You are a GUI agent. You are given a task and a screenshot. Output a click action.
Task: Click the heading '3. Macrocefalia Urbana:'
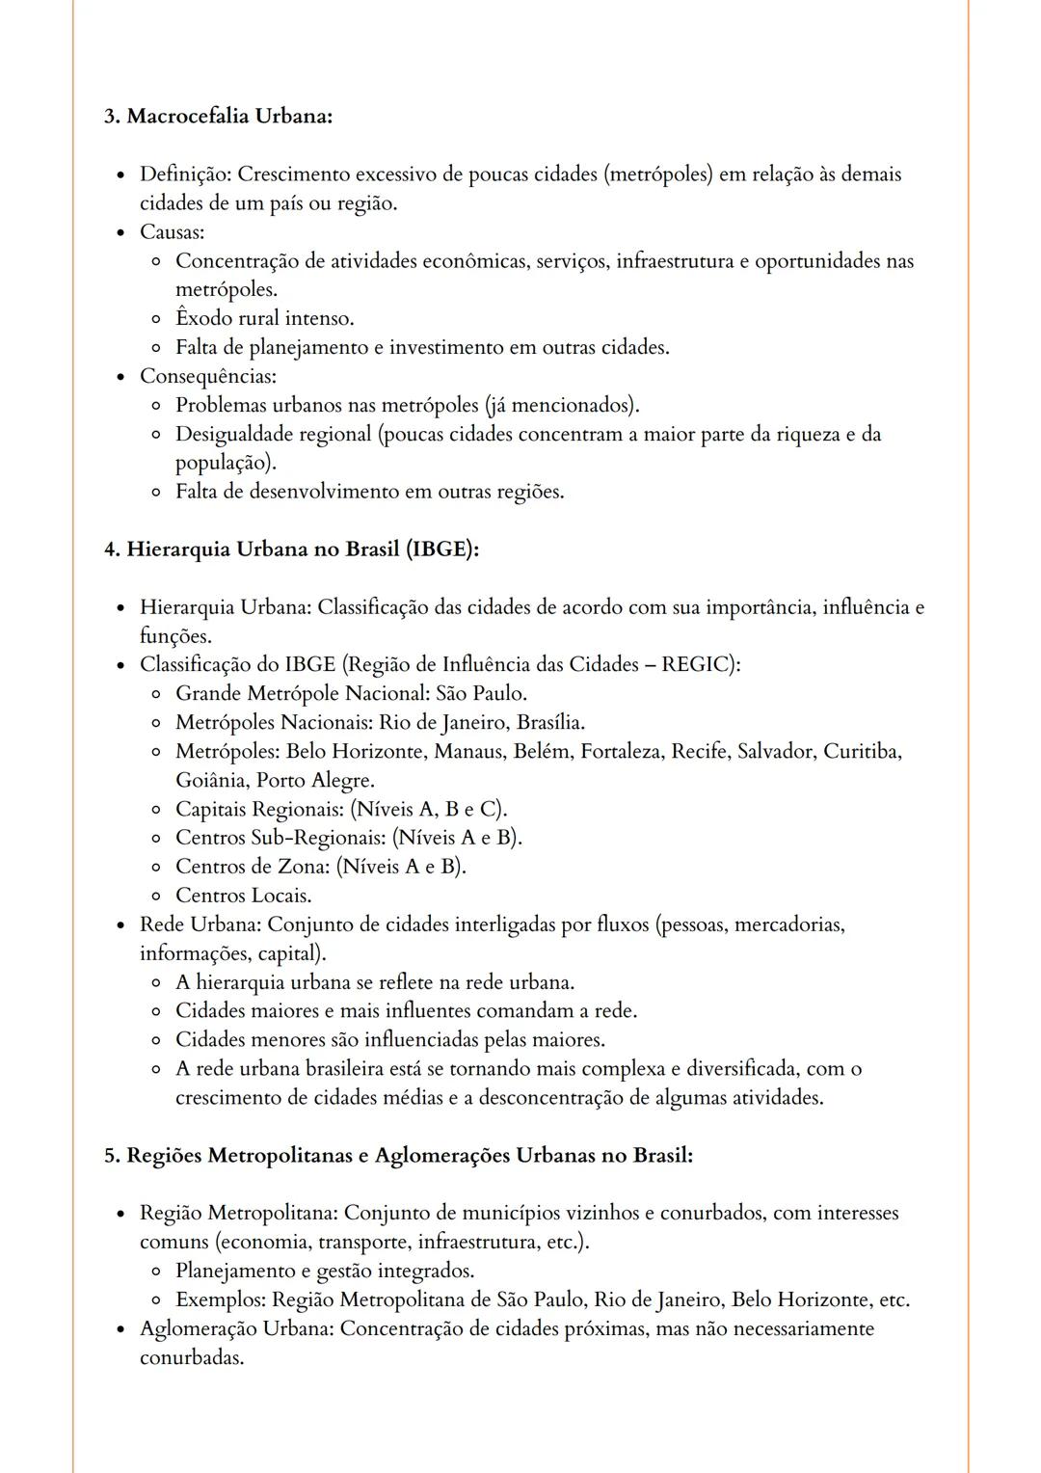[x=218, y=117]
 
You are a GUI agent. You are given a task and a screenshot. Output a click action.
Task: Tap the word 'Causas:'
[x=172, y=232]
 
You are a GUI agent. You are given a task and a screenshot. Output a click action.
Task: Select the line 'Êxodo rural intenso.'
[x=264, y=318]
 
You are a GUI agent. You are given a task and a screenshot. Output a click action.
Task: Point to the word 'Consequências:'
[x=207, y=376]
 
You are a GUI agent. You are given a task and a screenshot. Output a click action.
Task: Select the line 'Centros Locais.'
[x=243, y=896]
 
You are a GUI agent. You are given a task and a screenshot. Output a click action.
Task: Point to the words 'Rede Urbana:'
[x=200, y=924]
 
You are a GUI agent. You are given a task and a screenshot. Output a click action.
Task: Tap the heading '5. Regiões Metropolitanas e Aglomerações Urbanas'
[x=398, y=1155]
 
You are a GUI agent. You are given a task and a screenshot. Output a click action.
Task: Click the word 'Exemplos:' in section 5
[x=220, y=1299]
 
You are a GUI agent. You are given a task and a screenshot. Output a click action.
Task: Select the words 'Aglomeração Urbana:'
[x=236, y=1328]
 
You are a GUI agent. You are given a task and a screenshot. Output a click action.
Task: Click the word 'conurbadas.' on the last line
[x=191, y=1357]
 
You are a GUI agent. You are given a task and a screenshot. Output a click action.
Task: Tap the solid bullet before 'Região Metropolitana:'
[x=120, y=1214]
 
